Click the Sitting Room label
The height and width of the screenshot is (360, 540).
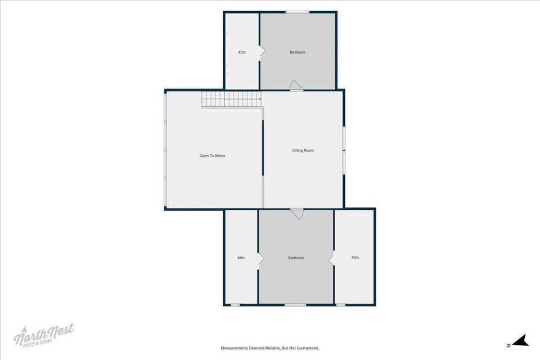pos(303,151)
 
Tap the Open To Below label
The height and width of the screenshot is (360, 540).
pos(213,156)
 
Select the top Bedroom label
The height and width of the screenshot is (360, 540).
pos(298,52)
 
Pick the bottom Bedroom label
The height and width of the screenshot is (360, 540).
pos(296,258)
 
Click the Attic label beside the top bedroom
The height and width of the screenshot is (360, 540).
pos(242,52)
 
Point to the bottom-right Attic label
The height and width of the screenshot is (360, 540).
pos(355,257)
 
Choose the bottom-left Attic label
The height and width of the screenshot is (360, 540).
pos(241,258)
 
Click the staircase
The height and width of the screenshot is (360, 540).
pos(231,100)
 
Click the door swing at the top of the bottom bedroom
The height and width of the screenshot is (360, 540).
pos(296,214)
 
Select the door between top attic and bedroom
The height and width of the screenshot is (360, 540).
pos(262,51)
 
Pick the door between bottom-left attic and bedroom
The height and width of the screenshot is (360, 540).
pos(260,259)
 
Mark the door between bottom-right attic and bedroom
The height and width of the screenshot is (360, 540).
pos(331,259)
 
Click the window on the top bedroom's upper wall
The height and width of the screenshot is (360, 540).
pos(297,12)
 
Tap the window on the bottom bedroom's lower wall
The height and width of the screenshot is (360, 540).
pos(295,305)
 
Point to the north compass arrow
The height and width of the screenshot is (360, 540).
pos(520,341)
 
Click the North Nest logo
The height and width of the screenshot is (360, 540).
pos(43,335)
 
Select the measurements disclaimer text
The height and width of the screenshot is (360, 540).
pos(270,348)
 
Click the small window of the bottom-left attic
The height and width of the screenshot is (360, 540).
pos(235,305)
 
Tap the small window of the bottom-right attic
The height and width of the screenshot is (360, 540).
pos(341,305)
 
